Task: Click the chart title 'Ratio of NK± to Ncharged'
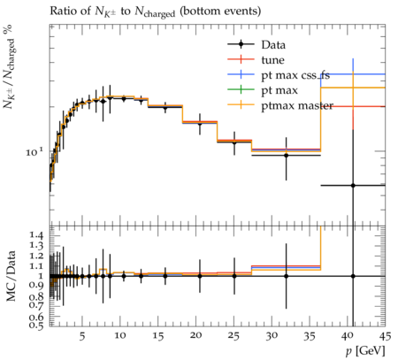pos(155,11)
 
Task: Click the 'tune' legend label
pos(272,60)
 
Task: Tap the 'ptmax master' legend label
pos(297,105)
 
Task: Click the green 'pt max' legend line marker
pos(241,89)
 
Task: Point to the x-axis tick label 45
pos(385,336)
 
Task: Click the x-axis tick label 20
pos(195,336)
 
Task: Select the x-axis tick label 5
pos(82,336)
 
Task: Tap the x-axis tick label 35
pos(310,336)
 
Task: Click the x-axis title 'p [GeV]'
pos(365,351)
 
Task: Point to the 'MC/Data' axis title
pos(11,276)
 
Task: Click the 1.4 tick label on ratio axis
pos(37,235)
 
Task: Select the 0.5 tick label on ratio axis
pos(37,325)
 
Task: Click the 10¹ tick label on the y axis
pos(34,152)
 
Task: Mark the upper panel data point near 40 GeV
pos(353,186)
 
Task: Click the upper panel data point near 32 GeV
pos(286,155)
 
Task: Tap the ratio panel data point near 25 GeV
pos(234,276)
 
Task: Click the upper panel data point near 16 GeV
pos(165,108)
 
